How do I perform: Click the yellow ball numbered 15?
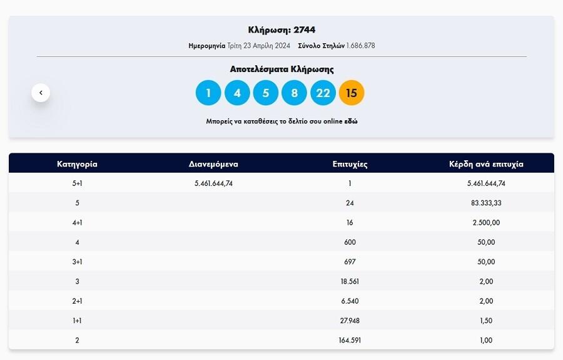[352, 93]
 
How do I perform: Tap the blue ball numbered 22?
[323, 93]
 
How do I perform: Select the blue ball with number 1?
[208, 93]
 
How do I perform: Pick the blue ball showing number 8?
[294, 93]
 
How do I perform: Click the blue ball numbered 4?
[237, 93]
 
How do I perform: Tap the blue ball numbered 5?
[266, 93]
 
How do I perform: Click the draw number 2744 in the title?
[304, 30]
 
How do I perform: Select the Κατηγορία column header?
[77, 164]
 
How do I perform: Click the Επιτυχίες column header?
[350, 164]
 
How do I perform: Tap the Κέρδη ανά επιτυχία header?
[486, 164]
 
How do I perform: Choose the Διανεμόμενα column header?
[213, 164]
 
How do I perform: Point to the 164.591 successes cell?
[350, 341]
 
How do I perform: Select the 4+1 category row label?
[77, 222]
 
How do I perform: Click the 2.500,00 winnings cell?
[486, 222]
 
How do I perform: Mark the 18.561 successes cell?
[350, 282]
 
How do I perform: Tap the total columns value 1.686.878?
[360, 46]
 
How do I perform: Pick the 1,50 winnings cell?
[486, 321]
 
